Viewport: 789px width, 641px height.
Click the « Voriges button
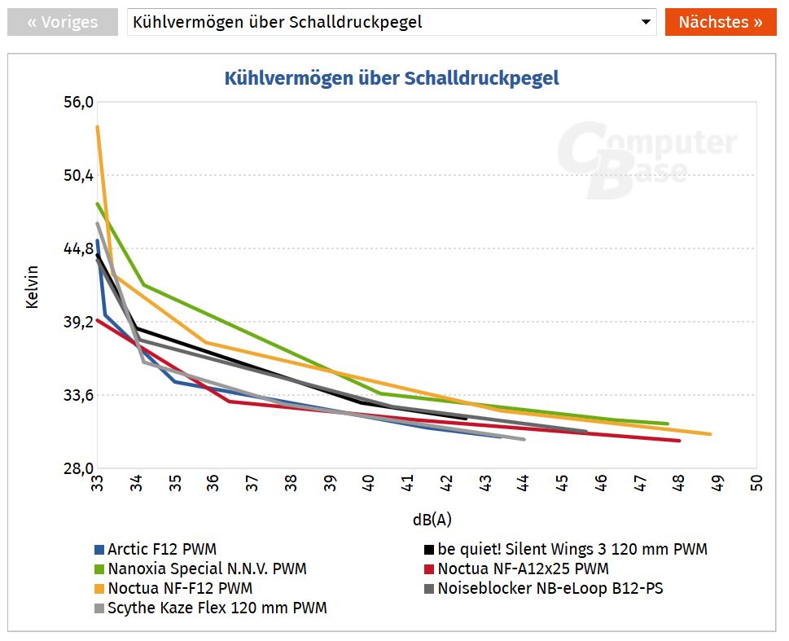(x=62, y=22)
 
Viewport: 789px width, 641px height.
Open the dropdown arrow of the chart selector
(x=645, y=22)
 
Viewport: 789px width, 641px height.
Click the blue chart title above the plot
(x=392, y=78)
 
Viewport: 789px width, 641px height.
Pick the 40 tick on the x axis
(x=369, y=483)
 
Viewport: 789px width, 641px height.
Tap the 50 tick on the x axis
(x=757, y=483)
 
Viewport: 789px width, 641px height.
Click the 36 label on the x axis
(x=213, y=483)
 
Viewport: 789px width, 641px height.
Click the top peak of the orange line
(x=98, y=126)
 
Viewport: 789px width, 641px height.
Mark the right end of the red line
(x=679, y=441)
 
